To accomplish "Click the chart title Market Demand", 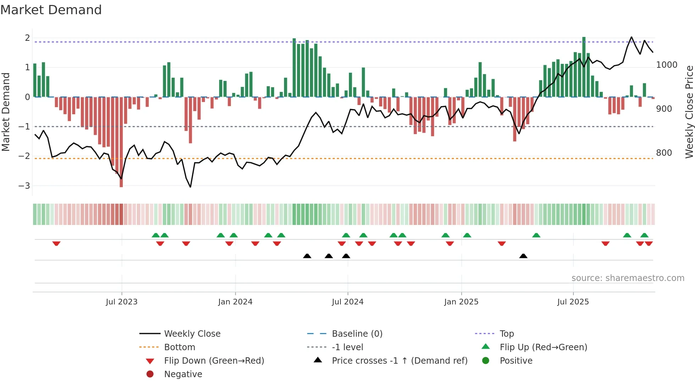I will (51, 10).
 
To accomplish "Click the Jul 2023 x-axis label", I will (121, 302).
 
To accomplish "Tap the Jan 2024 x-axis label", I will (235, 302).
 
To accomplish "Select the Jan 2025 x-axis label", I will (461, 302).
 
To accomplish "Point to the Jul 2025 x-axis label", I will (573, 302).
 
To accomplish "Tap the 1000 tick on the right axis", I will (667, 65).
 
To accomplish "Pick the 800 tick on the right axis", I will (664, 153).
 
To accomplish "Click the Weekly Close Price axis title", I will (689, 112).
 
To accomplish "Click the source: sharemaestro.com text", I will (628, 278).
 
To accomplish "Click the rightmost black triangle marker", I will (523, 256).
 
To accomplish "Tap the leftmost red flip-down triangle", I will (56, 243).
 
